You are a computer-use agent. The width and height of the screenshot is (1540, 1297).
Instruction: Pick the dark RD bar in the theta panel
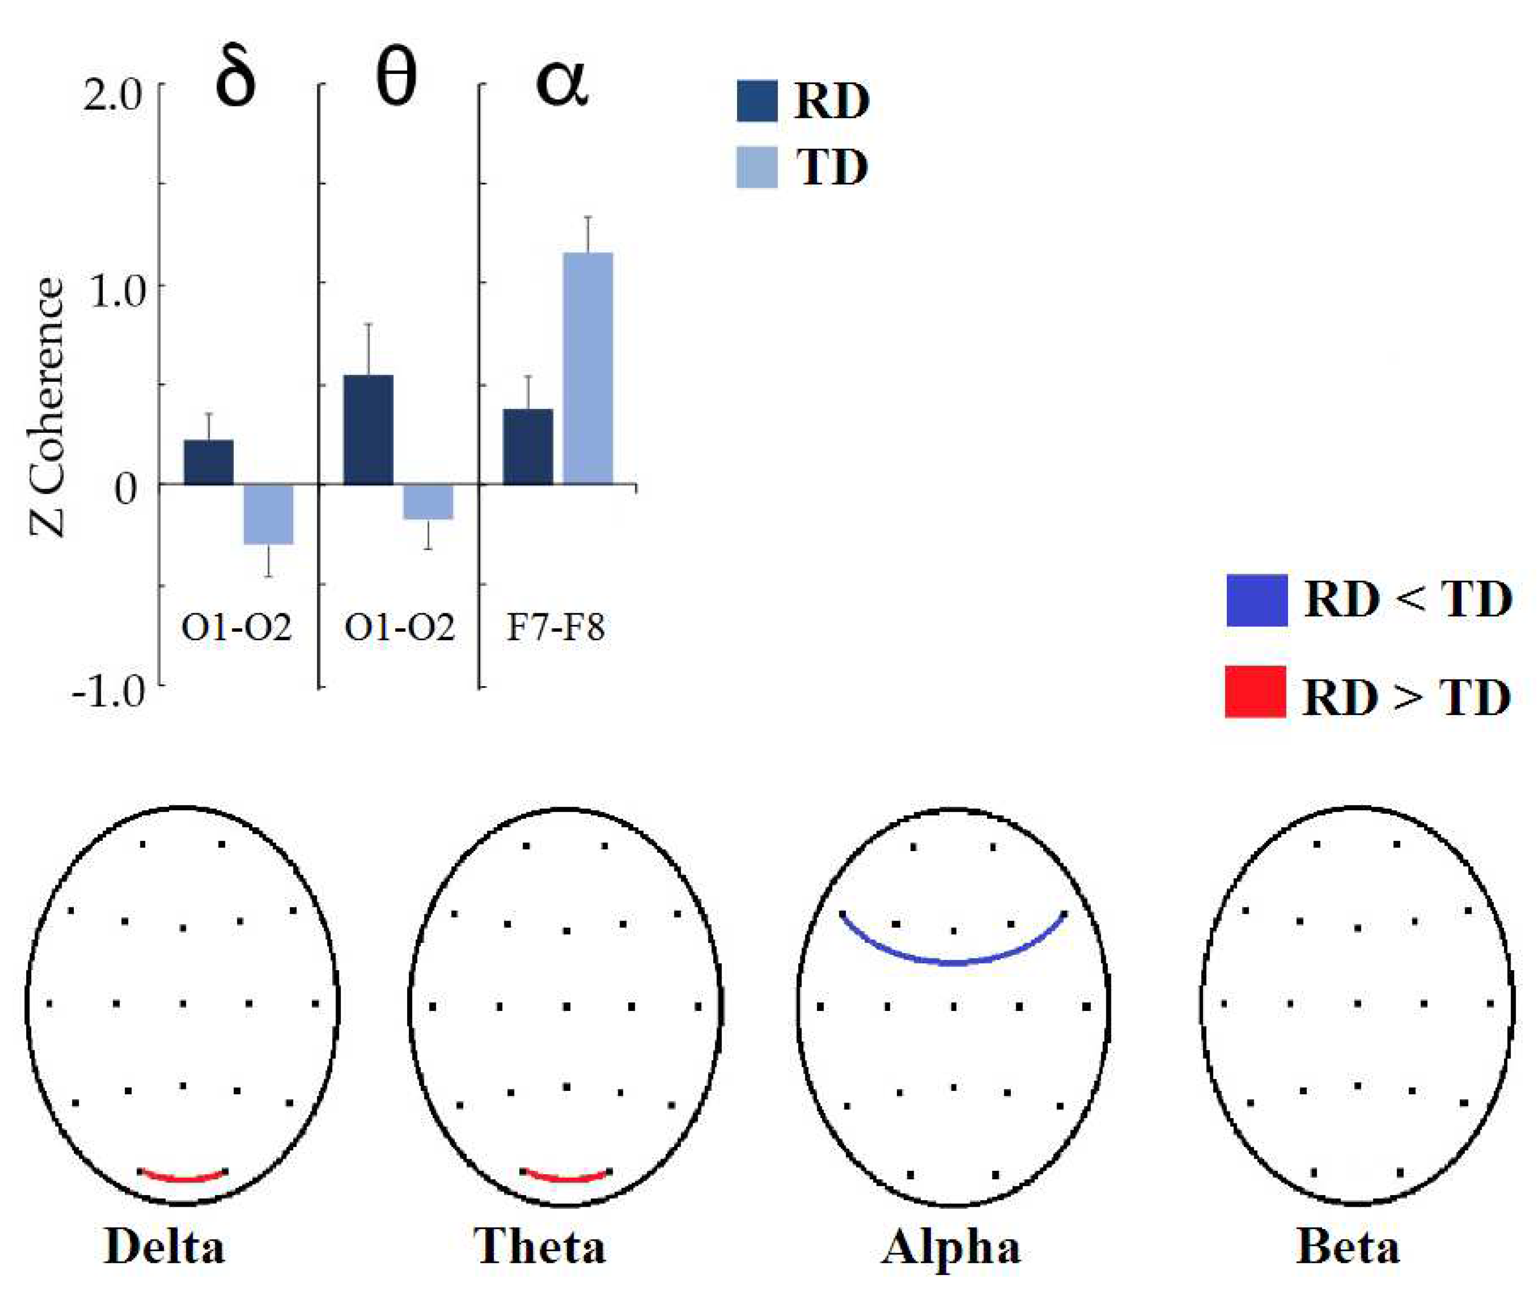pyautogui.click(x=368, y=430)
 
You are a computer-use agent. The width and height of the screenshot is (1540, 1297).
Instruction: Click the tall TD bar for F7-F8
pyautogui.click(x=587, y=368)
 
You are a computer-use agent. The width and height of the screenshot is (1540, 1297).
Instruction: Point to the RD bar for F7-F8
pyautogui.click(x=528, y=446)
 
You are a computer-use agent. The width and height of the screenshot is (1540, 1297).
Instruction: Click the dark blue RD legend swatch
pyautogui.click(x=756, y=101)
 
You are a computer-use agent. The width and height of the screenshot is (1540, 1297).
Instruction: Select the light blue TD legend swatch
pyautogui.click(x=756, y=168)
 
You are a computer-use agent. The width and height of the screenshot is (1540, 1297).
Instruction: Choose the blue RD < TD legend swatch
pyautogui.click(x=1256, y=600)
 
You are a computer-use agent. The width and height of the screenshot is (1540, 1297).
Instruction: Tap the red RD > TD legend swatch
pyautogui.click(x=1255, y=691)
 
